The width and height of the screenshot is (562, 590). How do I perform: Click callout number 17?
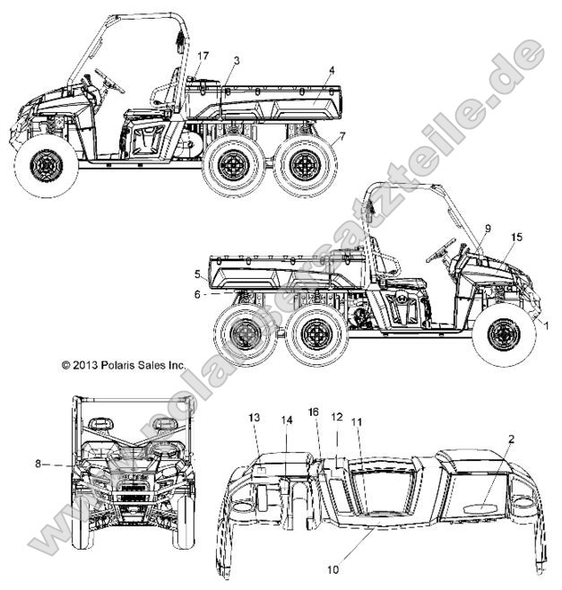(203, 56)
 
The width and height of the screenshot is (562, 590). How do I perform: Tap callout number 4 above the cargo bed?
(332, 70)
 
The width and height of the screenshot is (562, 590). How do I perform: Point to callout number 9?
(488, 228)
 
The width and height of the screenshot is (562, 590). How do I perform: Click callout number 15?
(517, 237)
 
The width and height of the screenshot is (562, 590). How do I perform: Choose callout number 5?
(198, 274)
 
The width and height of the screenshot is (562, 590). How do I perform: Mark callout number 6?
(197, 295)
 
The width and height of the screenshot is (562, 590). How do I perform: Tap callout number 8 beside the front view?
(38, 464)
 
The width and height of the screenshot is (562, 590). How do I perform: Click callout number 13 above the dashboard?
(255, 417)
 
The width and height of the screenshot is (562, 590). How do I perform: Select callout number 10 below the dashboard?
(333, 569)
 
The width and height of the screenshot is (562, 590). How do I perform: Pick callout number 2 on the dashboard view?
(511, 439)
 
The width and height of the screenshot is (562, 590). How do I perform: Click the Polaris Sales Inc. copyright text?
(124, 365)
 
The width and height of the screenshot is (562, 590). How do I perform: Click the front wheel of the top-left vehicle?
(46, 166)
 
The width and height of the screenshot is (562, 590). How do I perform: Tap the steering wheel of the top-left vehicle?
(109, 80)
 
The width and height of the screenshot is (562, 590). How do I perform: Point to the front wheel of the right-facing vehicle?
(504, 334)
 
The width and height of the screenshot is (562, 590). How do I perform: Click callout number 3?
(237, 61)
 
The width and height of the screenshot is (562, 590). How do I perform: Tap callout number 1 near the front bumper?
(546, 325)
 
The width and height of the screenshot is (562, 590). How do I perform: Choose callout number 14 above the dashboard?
(287, 420)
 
